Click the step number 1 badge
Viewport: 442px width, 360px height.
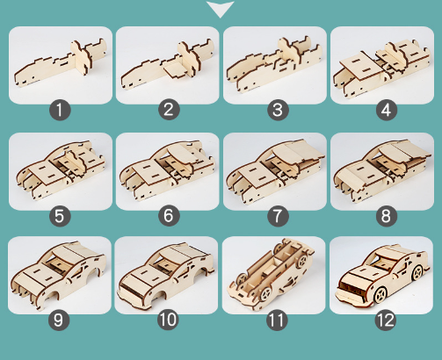60,110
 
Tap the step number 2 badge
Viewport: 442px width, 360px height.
169,110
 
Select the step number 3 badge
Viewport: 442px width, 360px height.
278,110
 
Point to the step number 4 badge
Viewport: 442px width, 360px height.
387,110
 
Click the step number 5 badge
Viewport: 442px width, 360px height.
60,216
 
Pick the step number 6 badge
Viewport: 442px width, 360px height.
169,216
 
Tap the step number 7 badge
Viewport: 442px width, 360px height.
278,216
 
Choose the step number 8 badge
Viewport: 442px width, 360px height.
387,216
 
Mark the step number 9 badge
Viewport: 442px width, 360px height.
59,320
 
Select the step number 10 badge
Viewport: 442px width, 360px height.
168,320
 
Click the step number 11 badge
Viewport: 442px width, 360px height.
277,320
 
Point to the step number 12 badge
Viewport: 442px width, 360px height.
386,320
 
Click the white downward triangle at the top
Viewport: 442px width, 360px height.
221,8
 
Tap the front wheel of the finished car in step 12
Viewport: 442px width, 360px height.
380,295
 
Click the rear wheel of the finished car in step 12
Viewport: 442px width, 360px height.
417,272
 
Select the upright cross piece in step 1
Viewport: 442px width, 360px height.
80,57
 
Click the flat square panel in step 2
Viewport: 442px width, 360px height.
175,69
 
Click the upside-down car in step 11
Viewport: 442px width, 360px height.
271,274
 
